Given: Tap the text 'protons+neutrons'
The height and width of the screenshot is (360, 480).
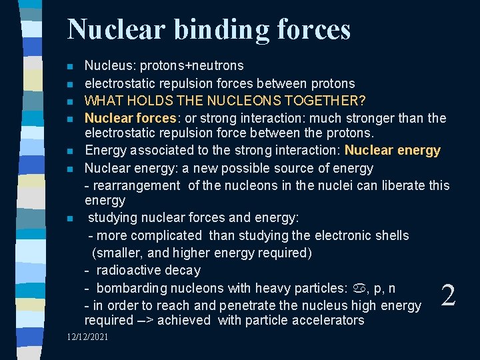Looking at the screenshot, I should [x=192, y=66].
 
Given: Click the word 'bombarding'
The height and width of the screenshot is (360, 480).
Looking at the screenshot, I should [x=131, y=288].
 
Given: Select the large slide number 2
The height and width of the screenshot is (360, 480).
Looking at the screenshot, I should [x=448, y=295].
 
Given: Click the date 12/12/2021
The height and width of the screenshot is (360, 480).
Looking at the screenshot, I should [x=88, y=337].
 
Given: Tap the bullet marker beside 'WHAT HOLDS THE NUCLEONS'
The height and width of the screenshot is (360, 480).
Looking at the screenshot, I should [x=69, y=102].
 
